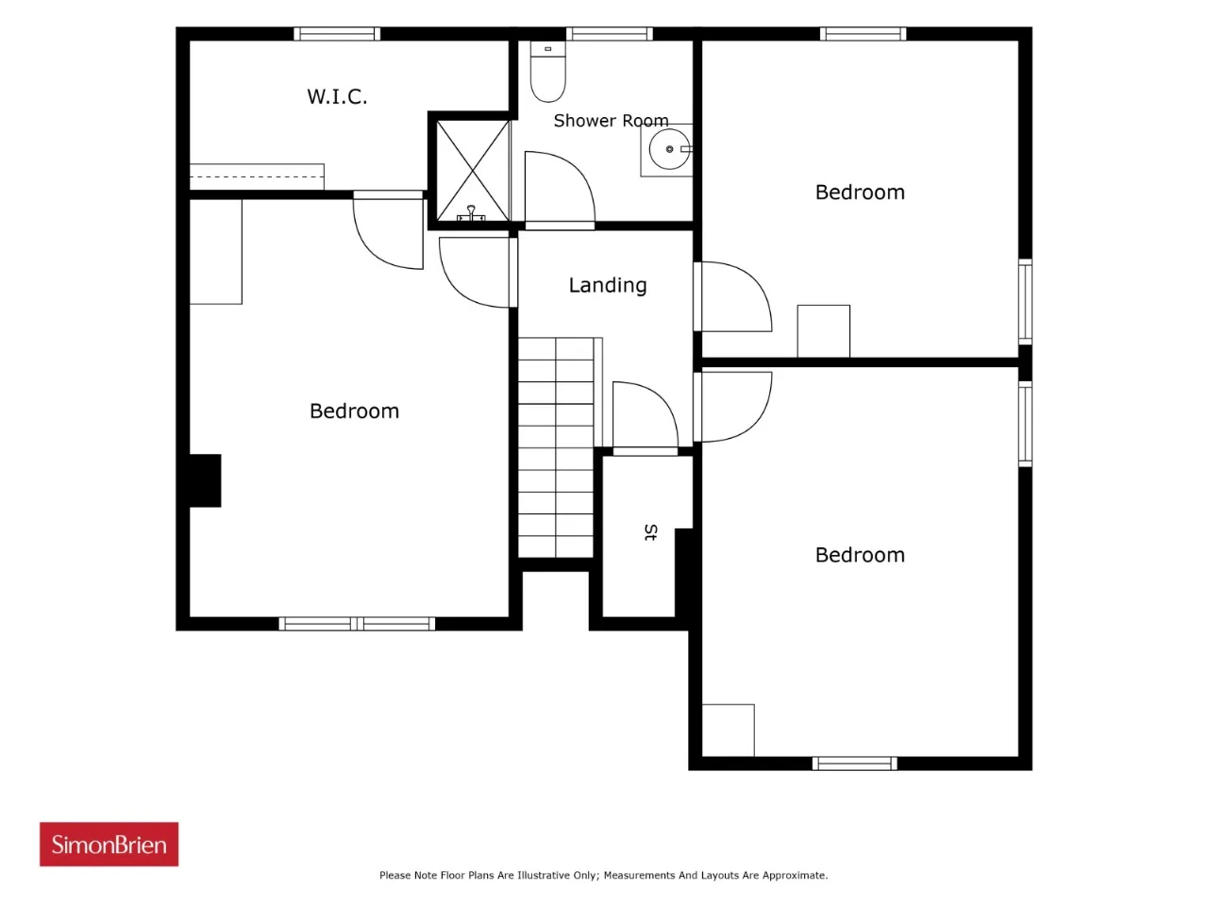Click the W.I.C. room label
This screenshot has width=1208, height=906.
click(337, 96)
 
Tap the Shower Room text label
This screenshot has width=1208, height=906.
click(611, 121)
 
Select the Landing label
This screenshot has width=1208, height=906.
click(607, 285)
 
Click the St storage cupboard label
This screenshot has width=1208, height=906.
click(650, 532)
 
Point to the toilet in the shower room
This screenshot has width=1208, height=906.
click(547, 72)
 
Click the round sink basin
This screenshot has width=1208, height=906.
click(669, 149)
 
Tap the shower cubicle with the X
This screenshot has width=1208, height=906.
click(472, 171)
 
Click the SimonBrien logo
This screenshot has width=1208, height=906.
click(109, 844)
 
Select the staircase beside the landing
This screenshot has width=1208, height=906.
click(556, 447)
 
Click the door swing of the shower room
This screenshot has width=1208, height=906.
click(559, 187)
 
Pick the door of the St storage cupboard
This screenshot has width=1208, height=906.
click(645, 415)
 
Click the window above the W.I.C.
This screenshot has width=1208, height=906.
click(337, 34)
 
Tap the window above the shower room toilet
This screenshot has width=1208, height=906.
click(610, 34)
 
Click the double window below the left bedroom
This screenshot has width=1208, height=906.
click(357, 623)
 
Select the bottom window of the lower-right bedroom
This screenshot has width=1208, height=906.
click(854, 763)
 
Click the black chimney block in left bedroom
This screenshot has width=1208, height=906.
click(205, 480)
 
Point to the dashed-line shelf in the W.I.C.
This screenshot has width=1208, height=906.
click(257, 176)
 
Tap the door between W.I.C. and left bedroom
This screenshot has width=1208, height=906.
click(389, 230)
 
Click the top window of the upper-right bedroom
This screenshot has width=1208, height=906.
click(863, 34)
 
